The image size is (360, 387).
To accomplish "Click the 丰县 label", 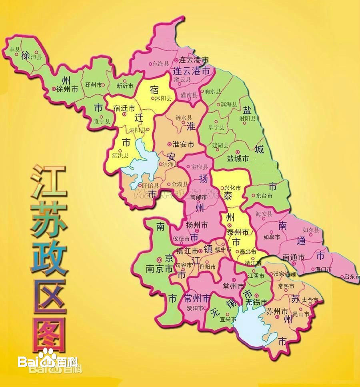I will pos(15,49).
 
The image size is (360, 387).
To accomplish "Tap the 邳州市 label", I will pos(93,85).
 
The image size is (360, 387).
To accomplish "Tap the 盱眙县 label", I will pos(150,186).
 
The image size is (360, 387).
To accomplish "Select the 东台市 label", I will pos(264,196).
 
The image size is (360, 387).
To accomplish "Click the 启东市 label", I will pos(351,277).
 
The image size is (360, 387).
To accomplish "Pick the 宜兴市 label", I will pos(228,320).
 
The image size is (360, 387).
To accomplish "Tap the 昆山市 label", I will pos(301,315).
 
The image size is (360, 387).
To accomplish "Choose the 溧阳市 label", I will pos(195,308).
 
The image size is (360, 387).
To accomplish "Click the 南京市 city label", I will pos(159,269).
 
